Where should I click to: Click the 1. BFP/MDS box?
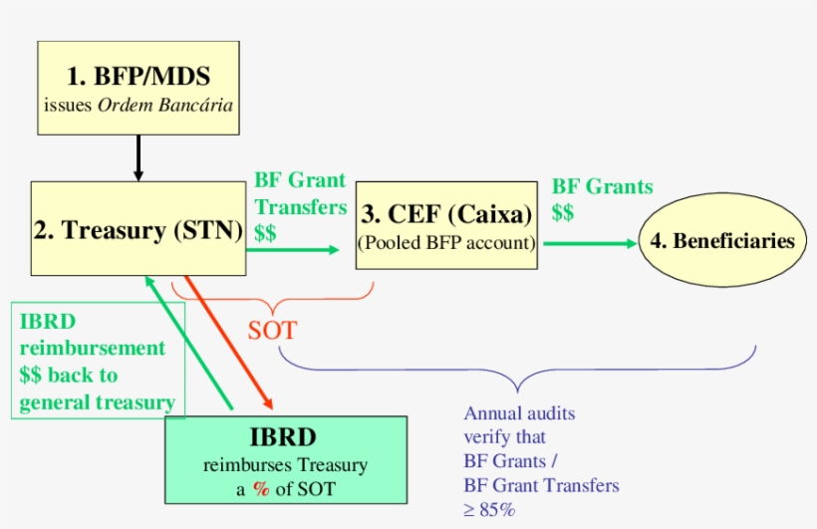click(138, 88)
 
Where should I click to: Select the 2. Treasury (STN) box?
click(138, 228)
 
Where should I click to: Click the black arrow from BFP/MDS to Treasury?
click(138, 157)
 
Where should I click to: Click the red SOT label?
click(272, 330)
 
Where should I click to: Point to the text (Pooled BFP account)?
click(447, 242)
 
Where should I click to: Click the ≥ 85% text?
click(489, 509)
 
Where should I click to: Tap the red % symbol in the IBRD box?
click(262, 487)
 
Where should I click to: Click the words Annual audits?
click(519, 413)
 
